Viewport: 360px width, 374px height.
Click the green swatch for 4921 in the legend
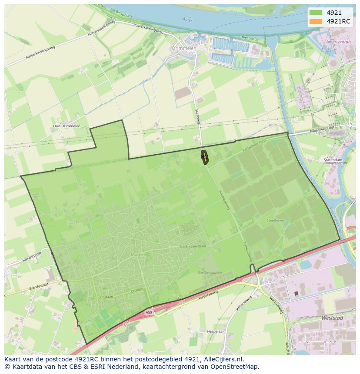click(316, 13)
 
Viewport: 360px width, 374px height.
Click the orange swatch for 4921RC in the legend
click(316, 21)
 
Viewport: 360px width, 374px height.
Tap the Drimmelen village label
click(184, 49)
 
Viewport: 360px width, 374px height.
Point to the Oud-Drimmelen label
click(67, 126)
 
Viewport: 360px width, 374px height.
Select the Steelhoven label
click(276, 221)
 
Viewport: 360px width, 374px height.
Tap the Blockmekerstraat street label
click(192, 246)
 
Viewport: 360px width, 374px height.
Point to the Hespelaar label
click(215, 331)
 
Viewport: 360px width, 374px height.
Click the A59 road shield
click(149, 312)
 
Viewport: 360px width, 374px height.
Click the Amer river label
click(187, 20)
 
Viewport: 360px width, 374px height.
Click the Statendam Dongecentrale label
click(333, 162)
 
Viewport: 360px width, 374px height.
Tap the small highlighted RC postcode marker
click(204, 156)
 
